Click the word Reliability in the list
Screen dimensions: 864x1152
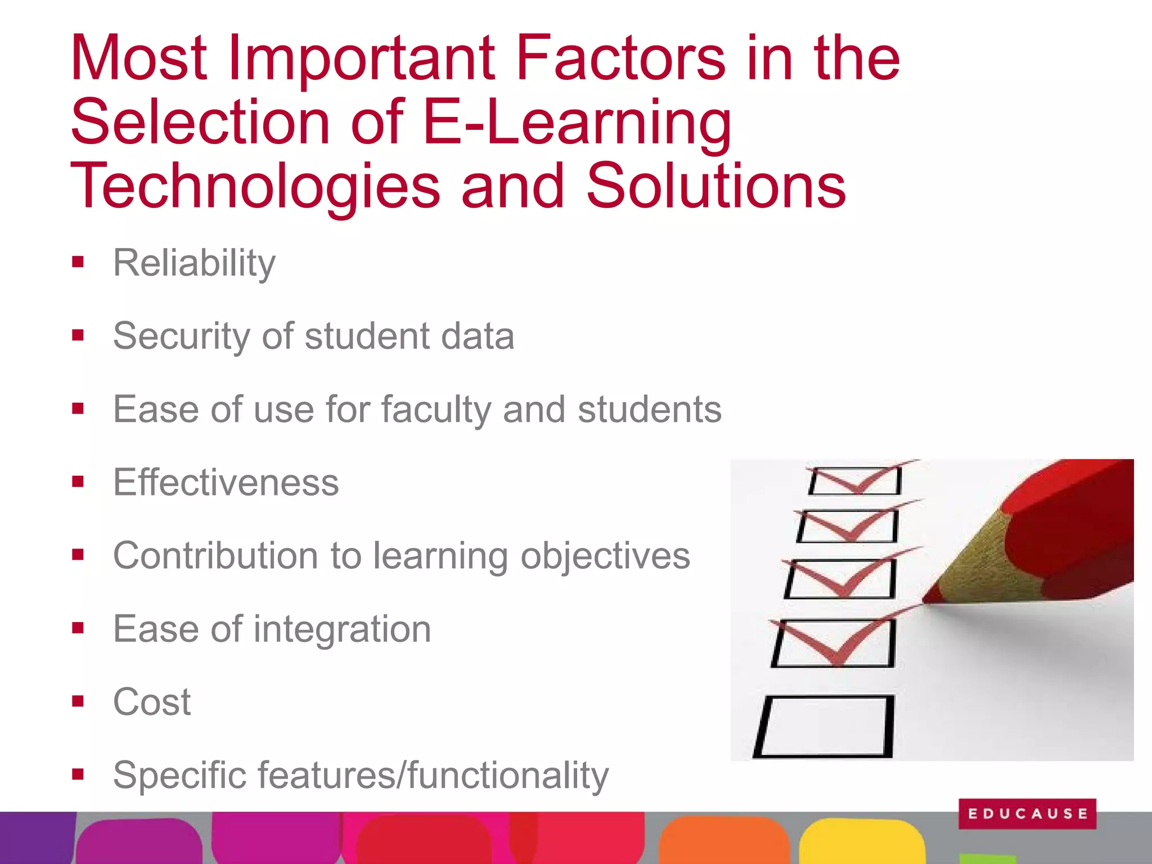pyautogui.click(x=194, y=263)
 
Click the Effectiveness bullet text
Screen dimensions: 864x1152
pyautogui.click(x=226, y=482)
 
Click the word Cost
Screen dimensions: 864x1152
pyautogui.click(x=152, y=701)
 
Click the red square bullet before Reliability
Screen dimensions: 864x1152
pyautogui.click(x=78, y=262)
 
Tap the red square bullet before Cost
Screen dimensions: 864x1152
pyautogui.click(x=78, y=701)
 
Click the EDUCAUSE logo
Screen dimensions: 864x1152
pyautogui.click(x=1027, y=813)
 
